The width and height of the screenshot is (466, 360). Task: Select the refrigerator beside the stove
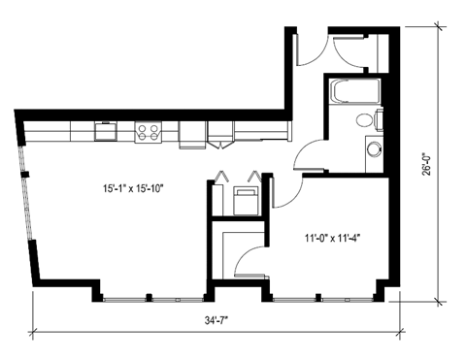pyautogui.click(x=189, y=133)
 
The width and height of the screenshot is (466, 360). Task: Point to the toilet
pyautogui.click(x=365, y=120)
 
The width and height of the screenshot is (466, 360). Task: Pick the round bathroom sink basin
pyautogui.click(x=375, y=148)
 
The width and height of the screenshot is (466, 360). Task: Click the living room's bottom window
pyautogui.click(x=150, y=297)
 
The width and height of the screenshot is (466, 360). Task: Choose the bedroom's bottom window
pyautogui.click(x=320, y=297)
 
